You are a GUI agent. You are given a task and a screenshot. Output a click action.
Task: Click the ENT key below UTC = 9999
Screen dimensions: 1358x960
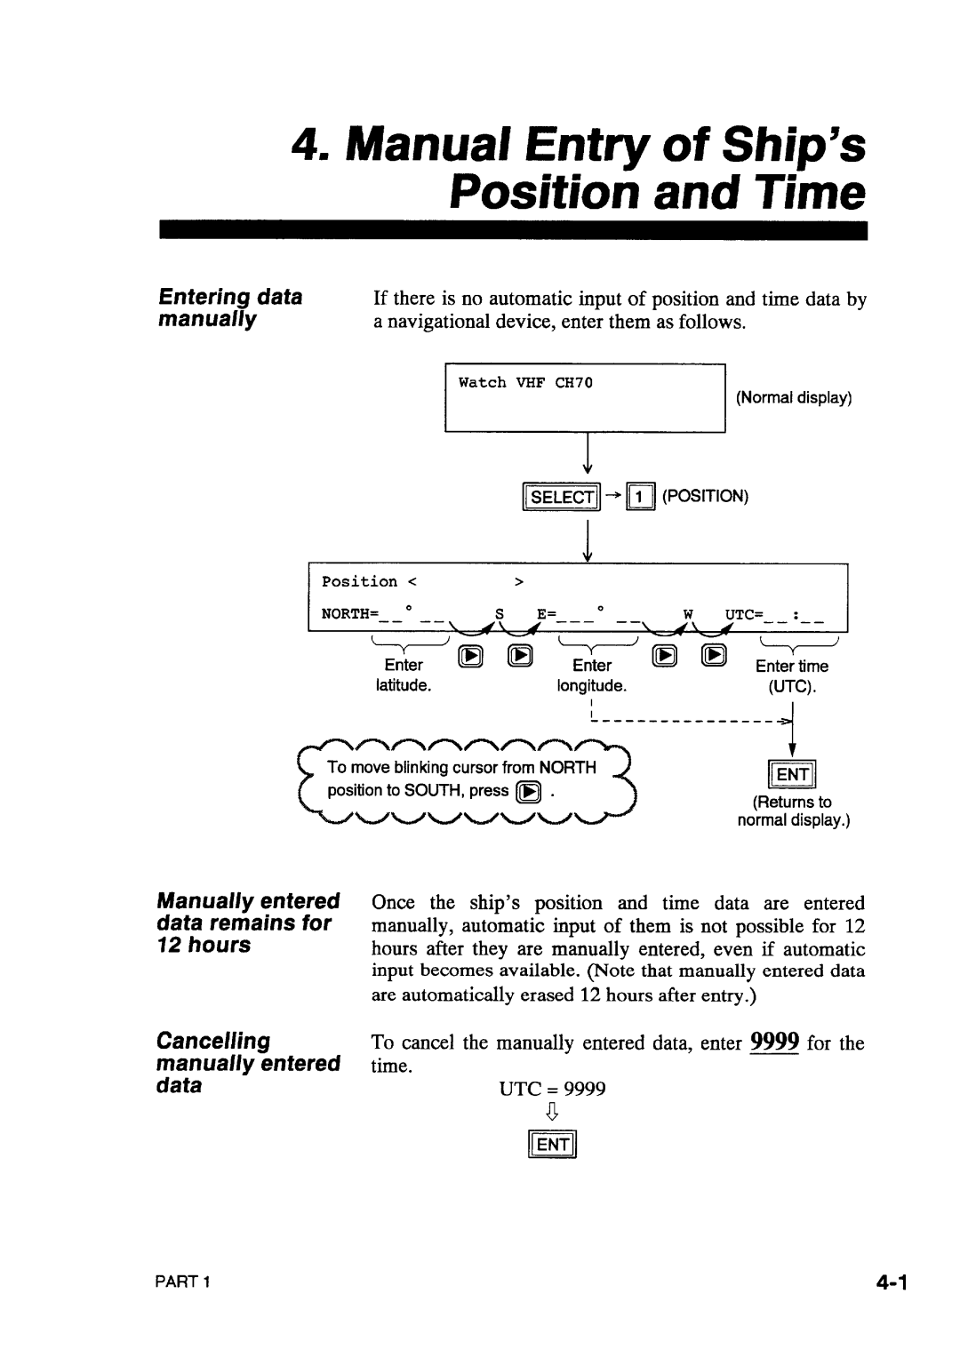pyautogui.click(x=552, y=1145)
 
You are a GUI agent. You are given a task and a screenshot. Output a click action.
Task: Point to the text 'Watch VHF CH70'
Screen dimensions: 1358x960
pyautogui.click(x=525, y=383)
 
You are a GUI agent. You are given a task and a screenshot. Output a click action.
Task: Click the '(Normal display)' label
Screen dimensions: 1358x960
pyautogui.click(x=794, y=398)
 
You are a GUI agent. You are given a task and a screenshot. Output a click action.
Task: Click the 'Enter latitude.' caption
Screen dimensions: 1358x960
pyautogui.click(x=403, y=675)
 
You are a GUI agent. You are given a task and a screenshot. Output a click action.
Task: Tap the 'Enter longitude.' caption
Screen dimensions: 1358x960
pyautogui.click(x=592, y=675)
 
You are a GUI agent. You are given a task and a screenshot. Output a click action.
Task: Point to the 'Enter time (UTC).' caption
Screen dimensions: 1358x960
pyautogui.click(x=793, y=675)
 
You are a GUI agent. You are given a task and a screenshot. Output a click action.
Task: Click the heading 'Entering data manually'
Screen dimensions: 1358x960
pyautogui.click(x=229, y=308)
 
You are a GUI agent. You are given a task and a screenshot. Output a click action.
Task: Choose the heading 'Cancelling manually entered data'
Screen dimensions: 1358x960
pyautogui.click(x=248, y=1063)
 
